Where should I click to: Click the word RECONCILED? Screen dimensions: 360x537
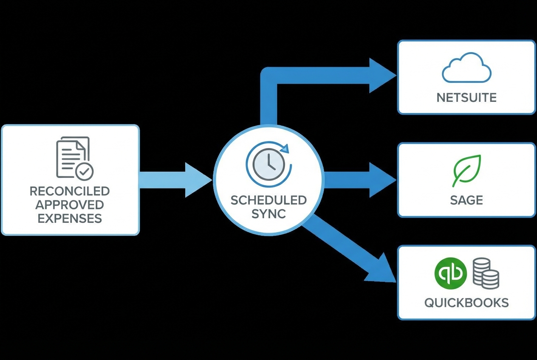(70, 191)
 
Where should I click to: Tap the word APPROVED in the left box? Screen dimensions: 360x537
(70, 205)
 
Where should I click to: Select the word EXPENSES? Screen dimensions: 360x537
(70, 219)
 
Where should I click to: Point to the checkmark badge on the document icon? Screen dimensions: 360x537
(85, 171)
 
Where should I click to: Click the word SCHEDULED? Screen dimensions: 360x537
(268, 200)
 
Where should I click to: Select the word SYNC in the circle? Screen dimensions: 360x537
(268, 214)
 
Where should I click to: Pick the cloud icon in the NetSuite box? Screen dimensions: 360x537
(466, 67)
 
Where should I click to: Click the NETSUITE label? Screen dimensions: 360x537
(466, 98)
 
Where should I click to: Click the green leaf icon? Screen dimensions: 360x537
(466, 171)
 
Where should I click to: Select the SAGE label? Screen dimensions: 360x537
(466, 200)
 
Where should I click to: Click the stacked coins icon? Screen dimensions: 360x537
(486, 274)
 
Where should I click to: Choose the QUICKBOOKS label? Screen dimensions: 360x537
(466, 303)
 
